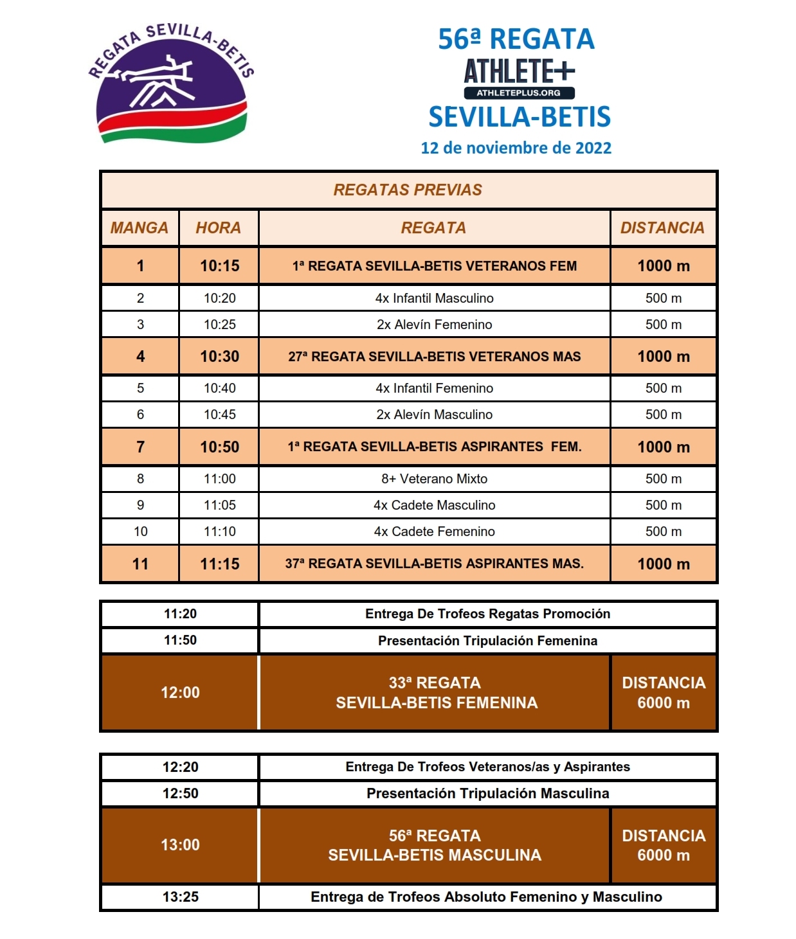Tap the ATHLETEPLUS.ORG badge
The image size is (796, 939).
518,93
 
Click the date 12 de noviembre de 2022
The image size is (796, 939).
516,148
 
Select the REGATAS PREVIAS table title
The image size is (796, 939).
408,190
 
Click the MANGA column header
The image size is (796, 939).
140,228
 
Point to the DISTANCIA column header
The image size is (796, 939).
662,228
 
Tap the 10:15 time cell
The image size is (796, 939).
219,266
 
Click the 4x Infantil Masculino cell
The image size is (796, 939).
434,298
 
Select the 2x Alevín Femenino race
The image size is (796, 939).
434,325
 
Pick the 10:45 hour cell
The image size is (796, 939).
219,415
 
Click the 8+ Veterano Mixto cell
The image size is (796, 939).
434,479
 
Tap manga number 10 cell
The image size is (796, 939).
140,532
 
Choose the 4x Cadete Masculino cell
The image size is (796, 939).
434,505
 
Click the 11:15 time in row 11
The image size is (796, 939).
219,564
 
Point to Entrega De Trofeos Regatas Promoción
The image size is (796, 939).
487,614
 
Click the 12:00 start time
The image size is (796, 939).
180,692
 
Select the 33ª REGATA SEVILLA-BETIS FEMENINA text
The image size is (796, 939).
436,692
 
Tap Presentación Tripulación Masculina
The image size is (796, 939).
487,793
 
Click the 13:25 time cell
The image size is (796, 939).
180,897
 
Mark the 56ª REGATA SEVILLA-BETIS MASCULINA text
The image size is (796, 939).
435,845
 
